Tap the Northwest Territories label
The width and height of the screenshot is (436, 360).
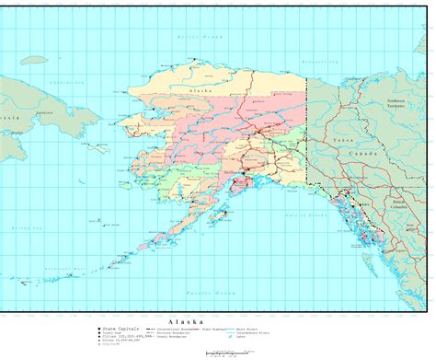coord(401,103)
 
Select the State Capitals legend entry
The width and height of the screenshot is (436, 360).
coord(120,328)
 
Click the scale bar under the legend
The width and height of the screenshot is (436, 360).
coord(224,352)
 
